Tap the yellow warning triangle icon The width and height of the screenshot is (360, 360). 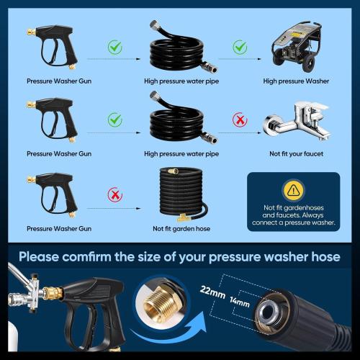click(292, 191)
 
